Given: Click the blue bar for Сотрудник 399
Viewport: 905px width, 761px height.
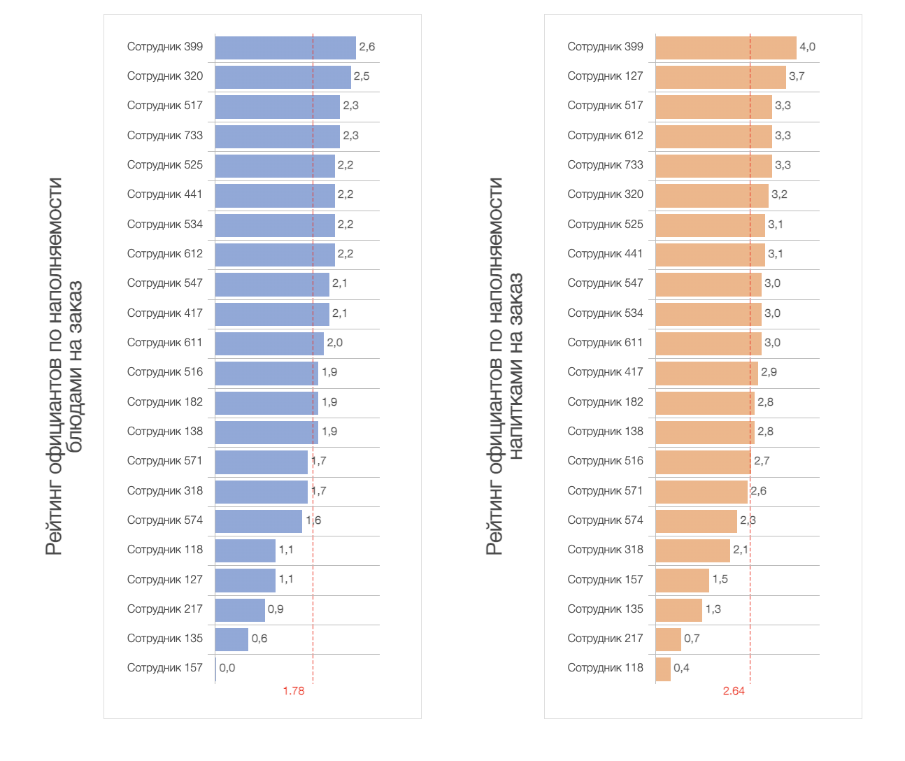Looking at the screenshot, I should (x=285, y=48).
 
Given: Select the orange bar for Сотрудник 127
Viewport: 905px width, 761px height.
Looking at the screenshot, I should (x=720, y=77).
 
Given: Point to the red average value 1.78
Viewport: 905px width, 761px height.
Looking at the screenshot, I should (x=294, y=691).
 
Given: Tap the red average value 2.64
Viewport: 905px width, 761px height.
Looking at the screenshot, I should (x=734, y=691).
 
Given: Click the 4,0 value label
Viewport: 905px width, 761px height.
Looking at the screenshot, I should (x=807, y=47).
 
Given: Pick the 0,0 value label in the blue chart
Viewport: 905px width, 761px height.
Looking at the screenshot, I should (x=227, y=668).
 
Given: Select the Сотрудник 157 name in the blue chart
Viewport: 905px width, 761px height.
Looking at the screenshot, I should (x=165, y=668).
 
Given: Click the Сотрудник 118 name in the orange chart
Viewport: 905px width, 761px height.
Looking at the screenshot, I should (x=605, y=668).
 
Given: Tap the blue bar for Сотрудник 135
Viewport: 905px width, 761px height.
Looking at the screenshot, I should (x=231, y=639).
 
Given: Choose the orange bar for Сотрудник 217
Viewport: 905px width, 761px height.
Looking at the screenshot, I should (x=668, y=639).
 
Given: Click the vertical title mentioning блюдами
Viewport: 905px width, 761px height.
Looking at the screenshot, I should (x=64, y=367).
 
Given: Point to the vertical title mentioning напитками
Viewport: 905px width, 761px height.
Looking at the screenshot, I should (x=505, y=367).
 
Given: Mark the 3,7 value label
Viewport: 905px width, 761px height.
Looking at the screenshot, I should (x=797, y=76).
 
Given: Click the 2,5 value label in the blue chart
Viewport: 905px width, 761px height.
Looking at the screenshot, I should (x=362, y=76).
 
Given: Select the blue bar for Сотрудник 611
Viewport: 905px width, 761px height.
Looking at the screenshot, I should (x=269, y=343).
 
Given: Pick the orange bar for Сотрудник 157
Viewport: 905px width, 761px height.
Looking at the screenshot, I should (x=682, y=581).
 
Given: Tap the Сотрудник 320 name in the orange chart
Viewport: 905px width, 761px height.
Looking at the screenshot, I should (x=605, y=194).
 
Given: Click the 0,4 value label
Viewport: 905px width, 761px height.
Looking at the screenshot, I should (x=681, y=668).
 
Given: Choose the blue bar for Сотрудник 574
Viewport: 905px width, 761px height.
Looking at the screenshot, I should (x=258, y=521).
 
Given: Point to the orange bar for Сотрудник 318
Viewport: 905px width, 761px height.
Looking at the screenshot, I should (x=692, y=550).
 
